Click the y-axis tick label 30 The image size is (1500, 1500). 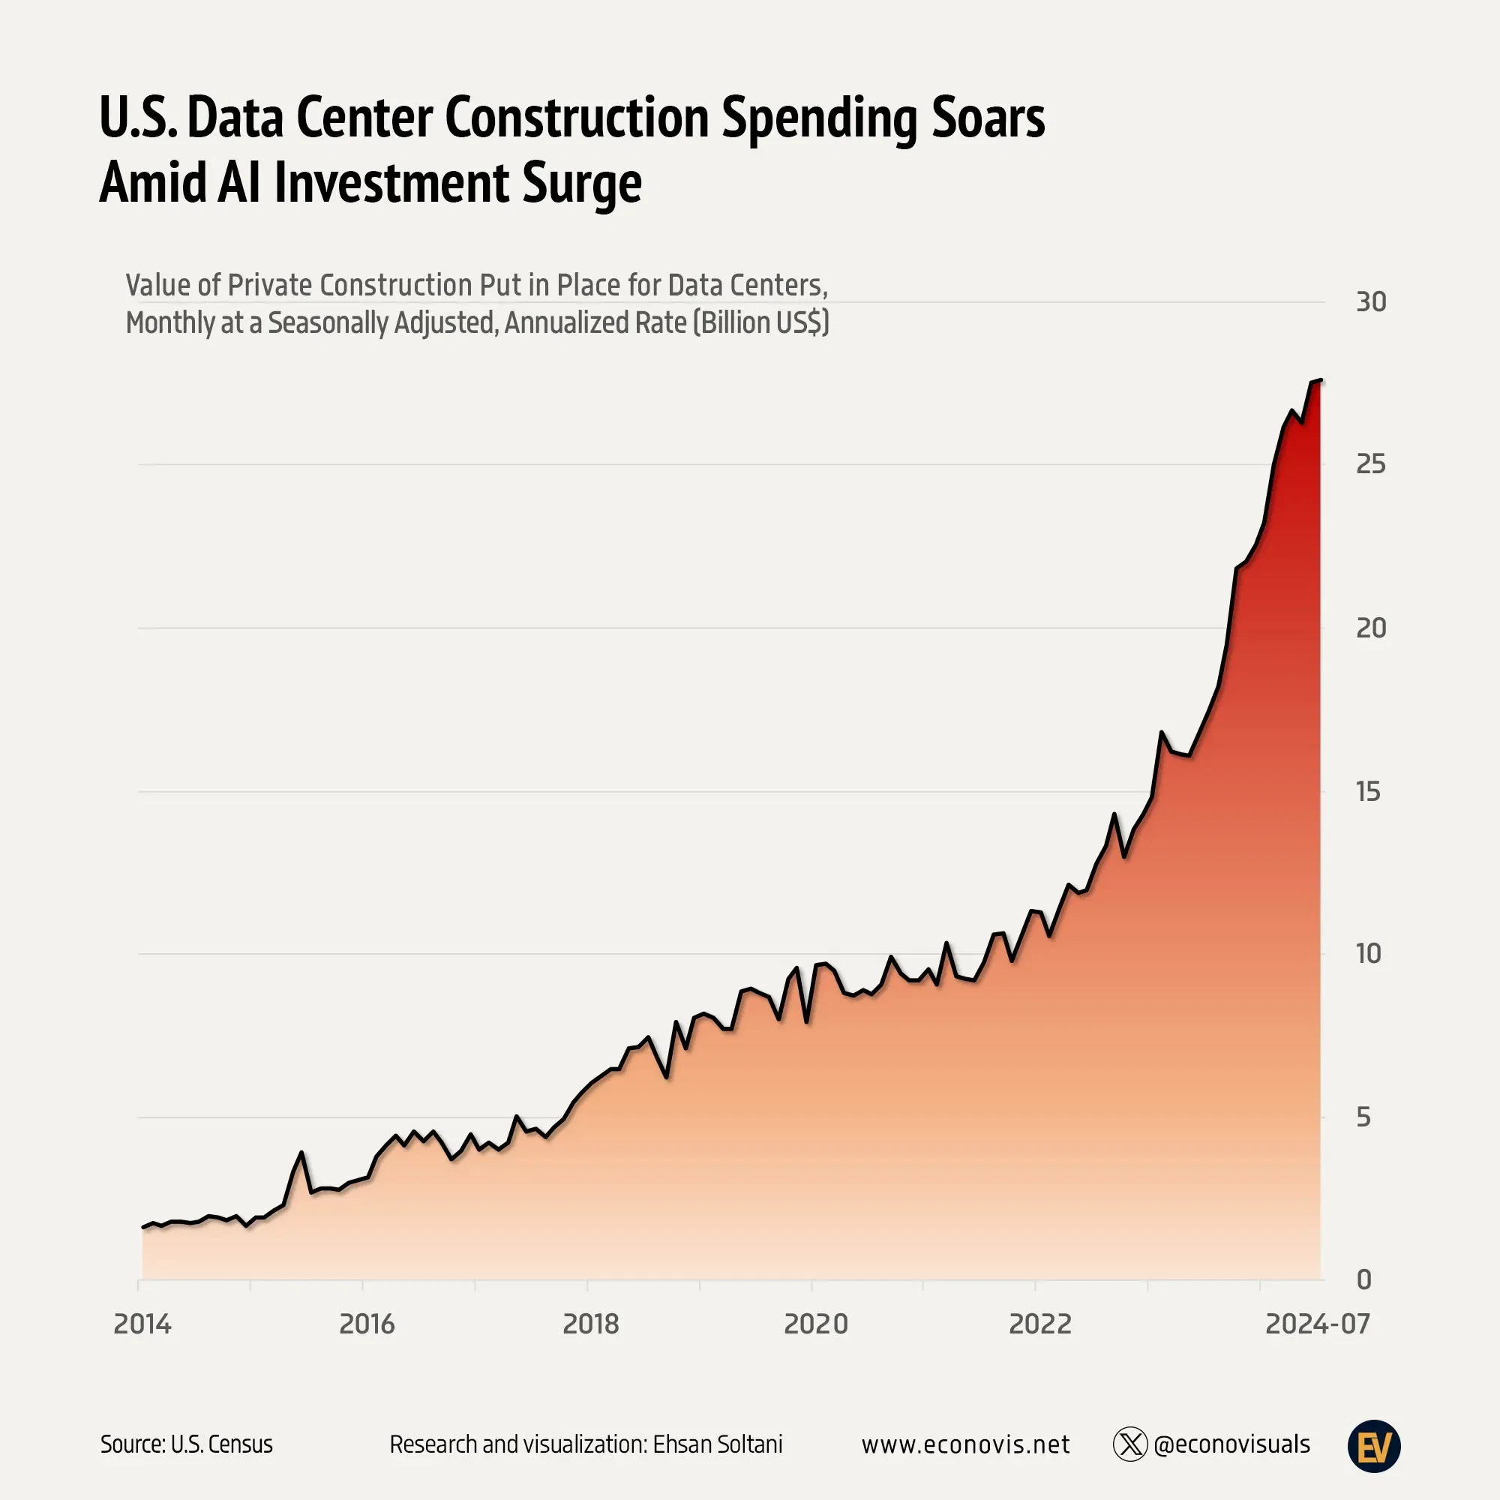[x=1370, y=302]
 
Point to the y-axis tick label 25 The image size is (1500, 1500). [x=1370, y=464]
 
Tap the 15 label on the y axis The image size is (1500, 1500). [x=1368, y=792]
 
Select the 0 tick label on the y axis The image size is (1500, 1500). [x=1363, y=1280]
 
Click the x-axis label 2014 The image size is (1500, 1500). [x=142, y=1324]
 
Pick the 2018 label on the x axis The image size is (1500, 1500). [x=591, y=1324]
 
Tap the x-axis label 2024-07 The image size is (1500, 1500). [x=1318, y=1324]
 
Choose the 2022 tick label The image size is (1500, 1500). [x=1039, y=1324]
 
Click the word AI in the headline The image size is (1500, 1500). [x=238, y=183]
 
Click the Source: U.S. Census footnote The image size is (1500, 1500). [x=186, y=1444]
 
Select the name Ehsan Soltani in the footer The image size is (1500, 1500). [x=718, y=1444]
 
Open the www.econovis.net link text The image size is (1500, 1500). [x=965, y=1444]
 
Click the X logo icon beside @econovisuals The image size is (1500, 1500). [x=1129, y=1444]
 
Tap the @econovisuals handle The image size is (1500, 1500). [x=1231, y=1444]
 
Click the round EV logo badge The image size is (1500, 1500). [x=1373, y=1446]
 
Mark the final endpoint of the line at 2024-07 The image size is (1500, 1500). [x=1321, y=380]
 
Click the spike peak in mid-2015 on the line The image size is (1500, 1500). [x=302, y=1153]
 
